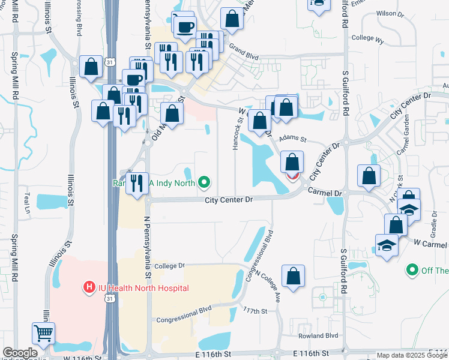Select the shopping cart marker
[44, 334]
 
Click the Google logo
[20, 353]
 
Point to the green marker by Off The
[411, 271]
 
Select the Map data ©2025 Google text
[411, 355]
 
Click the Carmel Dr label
[324, 192]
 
